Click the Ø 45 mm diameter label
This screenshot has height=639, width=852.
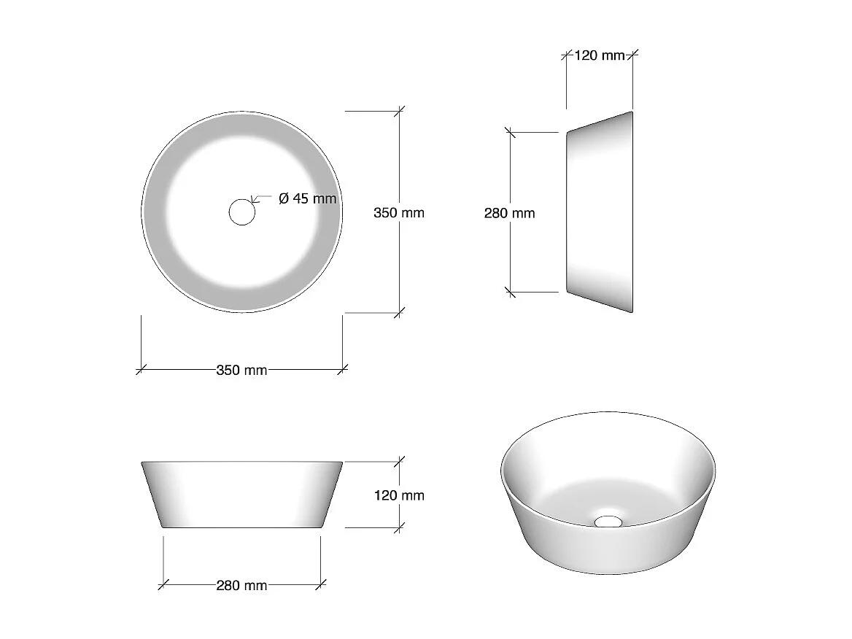(308, 198)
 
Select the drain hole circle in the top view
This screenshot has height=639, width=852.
(241, 212)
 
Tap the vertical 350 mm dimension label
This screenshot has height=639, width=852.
(398, 213)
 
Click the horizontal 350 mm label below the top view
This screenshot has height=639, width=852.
(241, 371)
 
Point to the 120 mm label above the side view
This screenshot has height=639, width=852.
(600, 55)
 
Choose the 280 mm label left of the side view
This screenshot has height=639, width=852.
(509, 213)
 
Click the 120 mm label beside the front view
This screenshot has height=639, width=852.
(398, 495)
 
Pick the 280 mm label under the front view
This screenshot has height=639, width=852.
(241, 585)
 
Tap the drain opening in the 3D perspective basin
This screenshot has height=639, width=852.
(608, 521)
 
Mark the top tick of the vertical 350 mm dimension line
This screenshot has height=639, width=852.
(398, 111)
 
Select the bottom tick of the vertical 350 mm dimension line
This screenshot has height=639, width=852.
(398, 313)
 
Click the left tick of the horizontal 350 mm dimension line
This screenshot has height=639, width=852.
(141, 370)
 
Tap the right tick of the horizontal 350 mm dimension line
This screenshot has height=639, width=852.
(343, 370)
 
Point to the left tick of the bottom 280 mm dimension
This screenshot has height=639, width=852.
(163, 584)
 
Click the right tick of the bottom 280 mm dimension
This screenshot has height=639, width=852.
(320, 584)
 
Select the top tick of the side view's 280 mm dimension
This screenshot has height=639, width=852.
(510, 133)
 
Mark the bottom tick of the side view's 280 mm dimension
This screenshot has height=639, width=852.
(510, 293)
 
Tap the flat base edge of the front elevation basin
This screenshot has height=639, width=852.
(241, 527)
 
